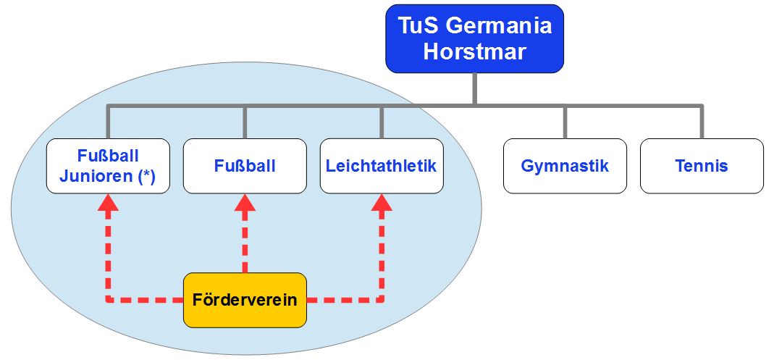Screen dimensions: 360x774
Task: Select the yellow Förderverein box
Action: (245, 299)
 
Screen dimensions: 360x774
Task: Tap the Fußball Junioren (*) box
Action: (108, 166)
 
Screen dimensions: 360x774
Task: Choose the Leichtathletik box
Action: (382, 166)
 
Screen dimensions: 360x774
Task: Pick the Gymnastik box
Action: (565, 166)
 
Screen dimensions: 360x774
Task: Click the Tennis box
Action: (702, 166)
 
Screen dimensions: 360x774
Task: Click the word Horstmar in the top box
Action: (474, 52)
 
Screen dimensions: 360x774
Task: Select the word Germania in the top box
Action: (499, 26)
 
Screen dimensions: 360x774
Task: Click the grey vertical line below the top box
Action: (474, 88)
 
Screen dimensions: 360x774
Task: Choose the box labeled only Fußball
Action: (245, 166)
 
